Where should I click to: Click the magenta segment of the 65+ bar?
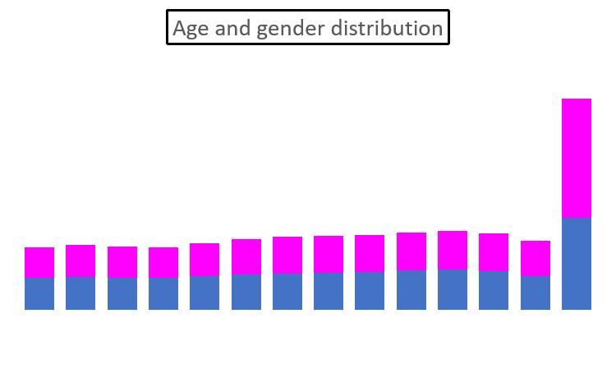click(x=577, y=159)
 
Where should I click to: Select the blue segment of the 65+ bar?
click(x=577, y=264)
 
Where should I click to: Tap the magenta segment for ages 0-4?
click(x=39, y=262)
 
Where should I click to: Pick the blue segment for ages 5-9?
click(x=80, y=293)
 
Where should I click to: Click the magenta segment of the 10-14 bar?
click(x=122, y=262)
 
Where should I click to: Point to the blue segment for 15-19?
click(x=163, y=293)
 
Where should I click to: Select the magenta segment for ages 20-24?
click(x=205, y=260)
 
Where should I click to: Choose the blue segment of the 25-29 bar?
click(x=246, y=292)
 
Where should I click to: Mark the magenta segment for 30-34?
click(x=287, y=256)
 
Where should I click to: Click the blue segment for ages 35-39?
click(x=329, y=291)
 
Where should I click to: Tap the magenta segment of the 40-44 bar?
click(x=370, y=254)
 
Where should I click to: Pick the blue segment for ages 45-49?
click(x=411, y=290)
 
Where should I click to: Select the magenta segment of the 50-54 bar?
click(x=453, y=250)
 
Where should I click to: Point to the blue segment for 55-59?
click(x=494, y=290)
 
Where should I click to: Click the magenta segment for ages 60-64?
click(x=536, y=258)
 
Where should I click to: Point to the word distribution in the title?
click(x=382, y=28)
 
